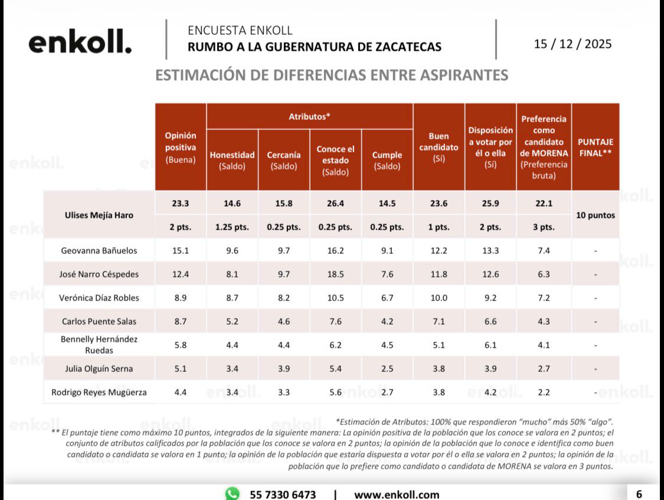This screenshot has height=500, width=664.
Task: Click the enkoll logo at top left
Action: [x=80, y=43]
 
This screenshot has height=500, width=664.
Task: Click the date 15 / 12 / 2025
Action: [x=573, y=44]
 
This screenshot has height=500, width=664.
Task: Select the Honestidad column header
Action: [x=232, y=160]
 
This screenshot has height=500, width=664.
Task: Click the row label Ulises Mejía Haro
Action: [x=99, y=215]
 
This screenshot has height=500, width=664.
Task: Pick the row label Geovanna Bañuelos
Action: [x=99, y=250]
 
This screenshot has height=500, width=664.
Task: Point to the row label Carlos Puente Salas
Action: [x=99, y=321]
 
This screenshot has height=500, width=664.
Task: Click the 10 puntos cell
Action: [x=596, y=215]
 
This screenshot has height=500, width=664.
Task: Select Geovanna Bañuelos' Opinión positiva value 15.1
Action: [x=181, y=250]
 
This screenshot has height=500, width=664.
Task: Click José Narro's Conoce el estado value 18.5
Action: [x=335, y=274]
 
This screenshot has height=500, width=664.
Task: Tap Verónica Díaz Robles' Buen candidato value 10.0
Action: [x=439, y=298]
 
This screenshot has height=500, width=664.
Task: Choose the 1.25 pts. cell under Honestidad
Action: [x=232, y=227]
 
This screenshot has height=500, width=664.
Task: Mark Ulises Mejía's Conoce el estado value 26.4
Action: [x=335, y=202]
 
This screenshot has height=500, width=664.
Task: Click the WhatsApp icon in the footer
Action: [x=233, y=494]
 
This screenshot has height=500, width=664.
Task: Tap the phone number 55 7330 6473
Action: [x=283, y=494]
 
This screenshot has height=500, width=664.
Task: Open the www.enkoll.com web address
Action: [x=397, y=494]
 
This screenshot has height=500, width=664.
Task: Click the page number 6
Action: [x=639, y=494]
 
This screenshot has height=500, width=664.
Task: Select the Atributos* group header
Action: [x=309, y=116]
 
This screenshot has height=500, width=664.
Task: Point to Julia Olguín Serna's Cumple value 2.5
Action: [x=387, y=368]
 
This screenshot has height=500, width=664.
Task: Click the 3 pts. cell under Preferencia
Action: [x=544, y=227]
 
